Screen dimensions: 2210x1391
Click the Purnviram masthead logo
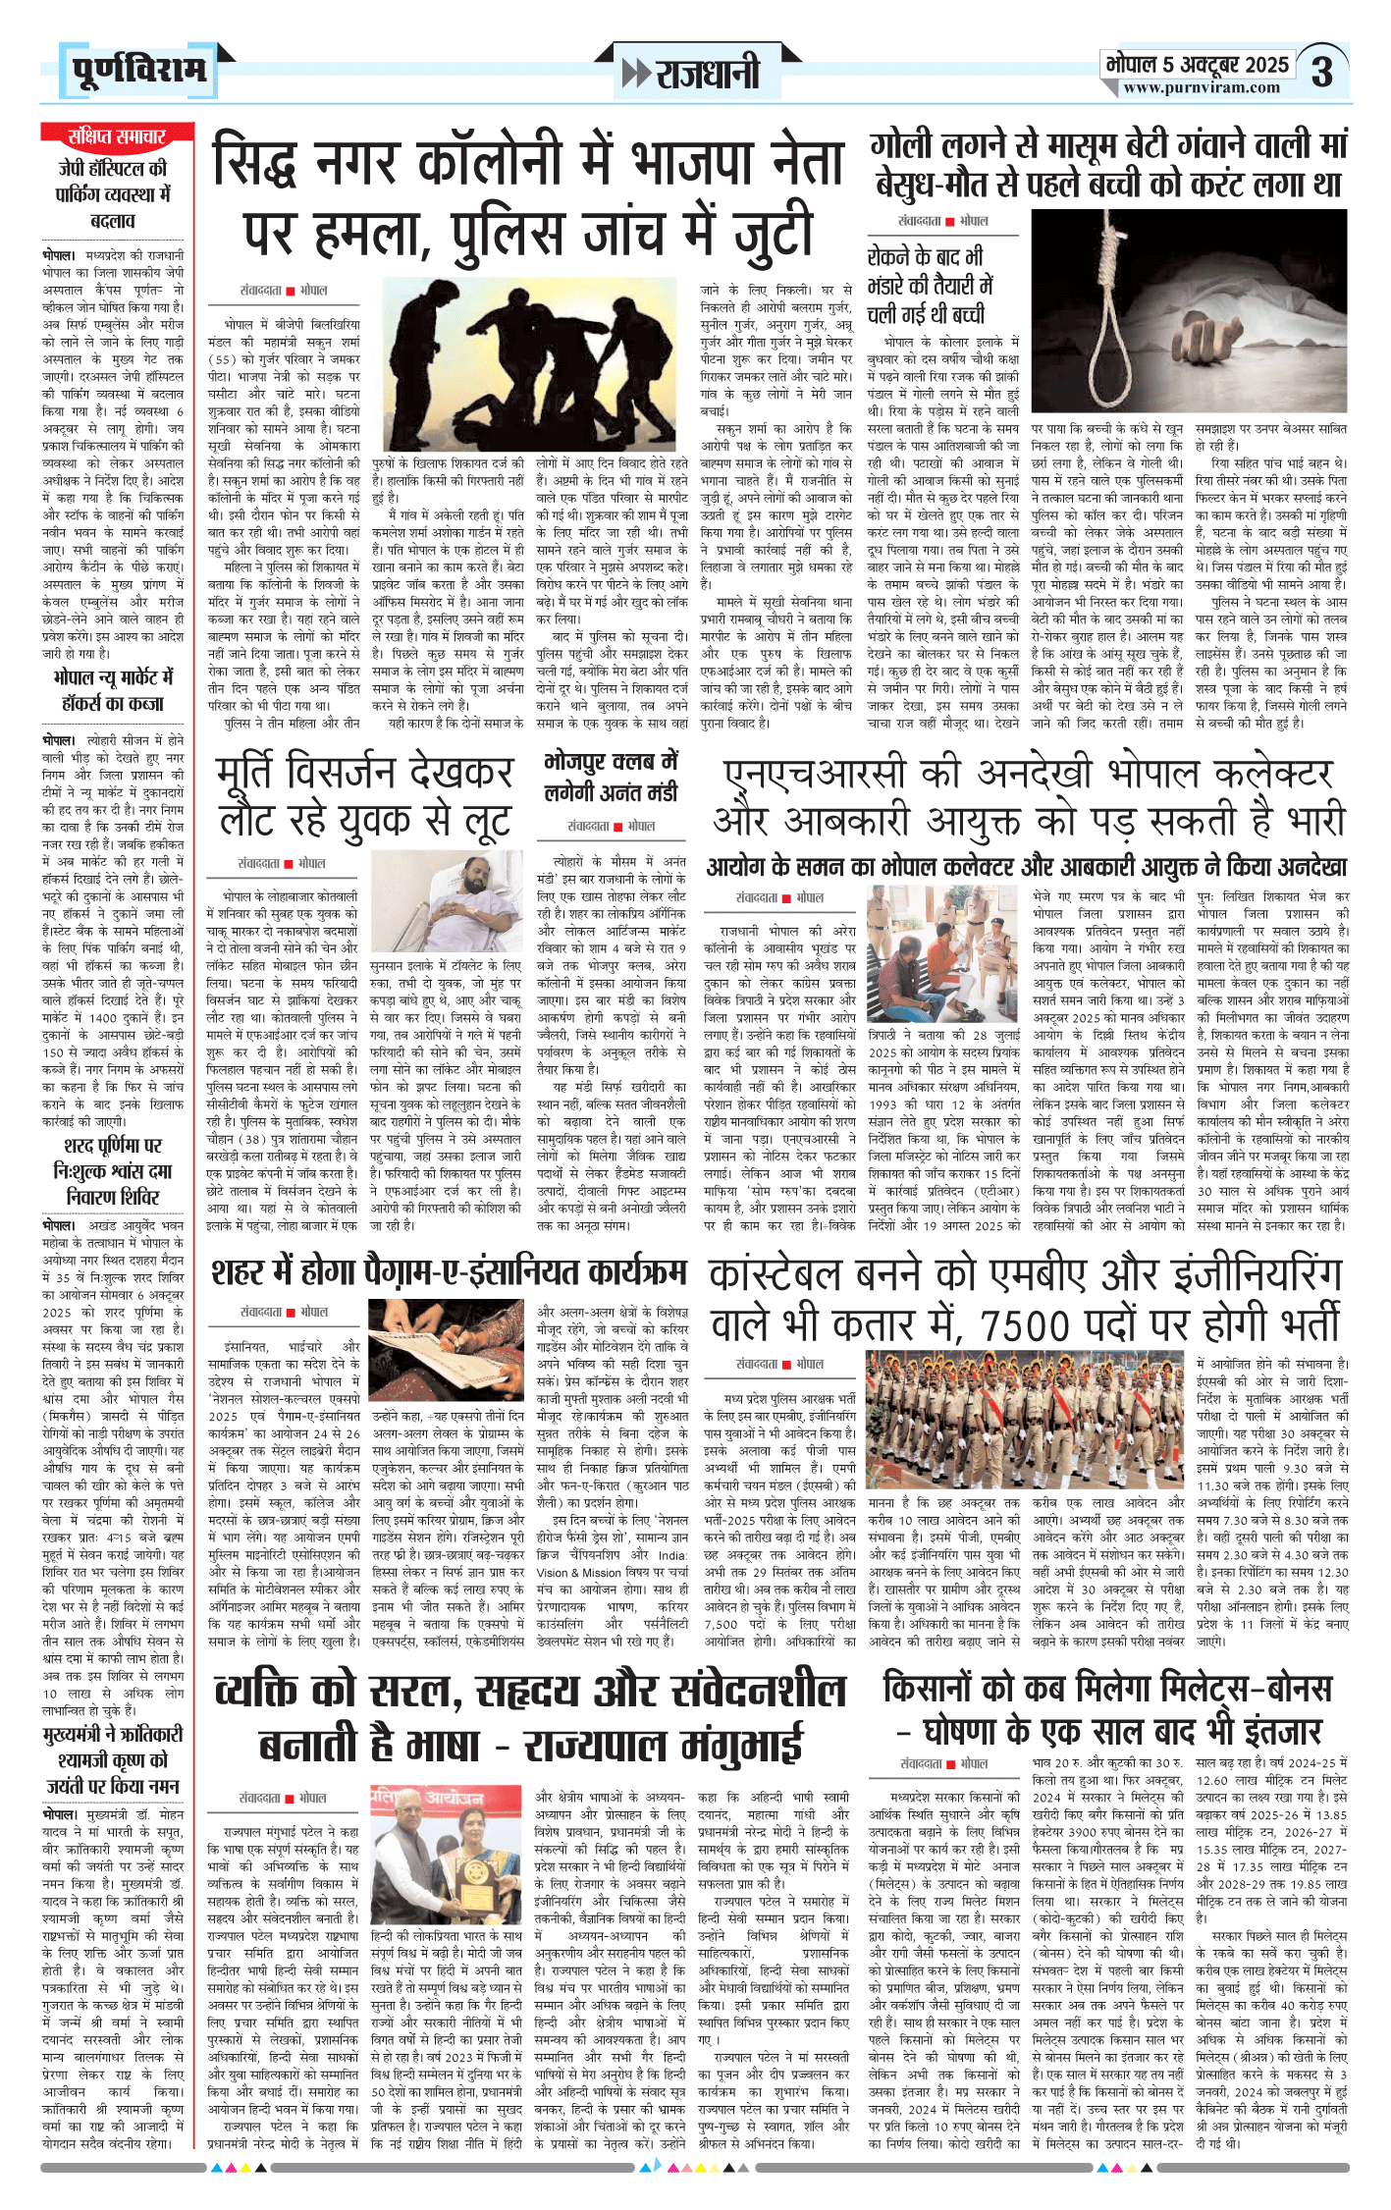138,71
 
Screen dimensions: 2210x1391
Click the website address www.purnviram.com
1202,88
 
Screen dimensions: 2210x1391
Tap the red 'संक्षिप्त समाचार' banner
116,136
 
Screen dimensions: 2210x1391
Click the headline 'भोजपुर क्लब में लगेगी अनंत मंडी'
611,778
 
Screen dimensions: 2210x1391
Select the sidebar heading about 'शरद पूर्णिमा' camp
113,1171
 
